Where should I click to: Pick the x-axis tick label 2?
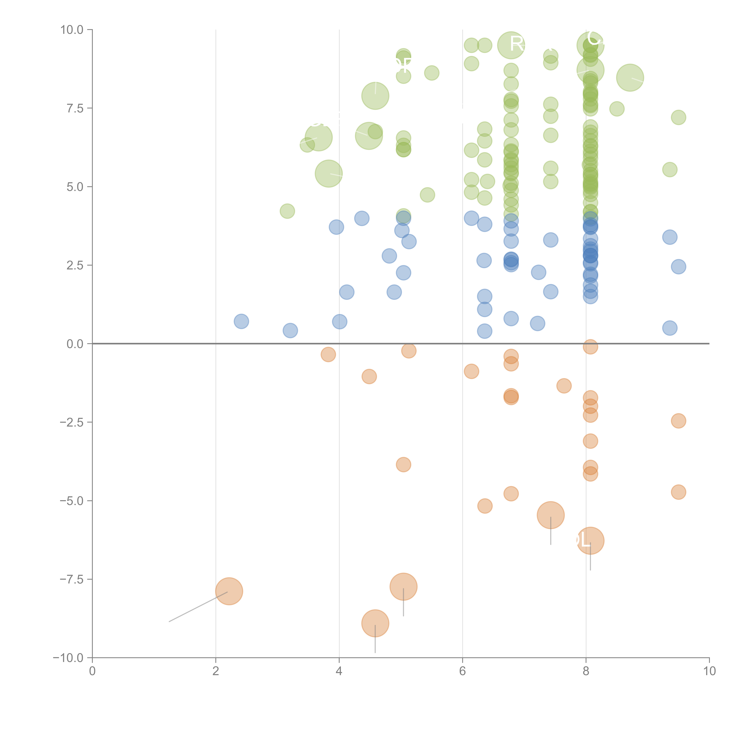point(216,671)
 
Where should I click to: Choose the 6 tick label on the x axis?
point(462,671)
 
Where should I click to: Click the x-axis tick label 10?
point(709,671)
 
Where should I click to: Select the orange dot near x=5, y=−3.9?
point(403,465)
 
